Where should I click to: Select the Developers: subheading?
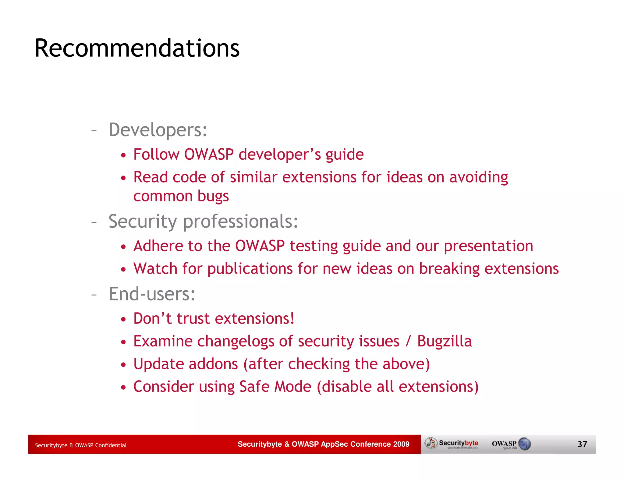(x=158, y=130)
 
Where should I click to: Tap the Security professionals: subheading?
(x=203, y=222)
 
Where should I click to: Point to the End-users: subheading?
(x=152, y=294)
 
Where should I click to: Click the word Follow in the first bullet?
(x=156, y=154)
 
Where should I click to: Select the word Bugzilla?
(x=444, y=341)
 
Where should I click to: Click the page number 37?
(x=582, y=444)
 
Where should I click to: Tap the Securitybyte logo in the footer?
(x=452, y=444)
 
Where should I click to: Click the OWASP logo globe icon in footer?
(x=524, y=444)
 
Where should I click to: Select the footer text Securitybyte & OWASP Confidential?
(x=81, y=445)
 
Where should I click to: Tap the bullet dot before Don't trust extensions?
(x=123, y=320)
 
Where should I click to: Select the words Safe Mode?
(x=275, y=387)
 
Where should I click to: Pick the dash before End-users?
(x=94, y=295)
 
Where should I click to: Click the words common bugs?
(x=181, y=197)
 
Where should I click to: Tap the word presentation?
(x=488, y=246)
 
